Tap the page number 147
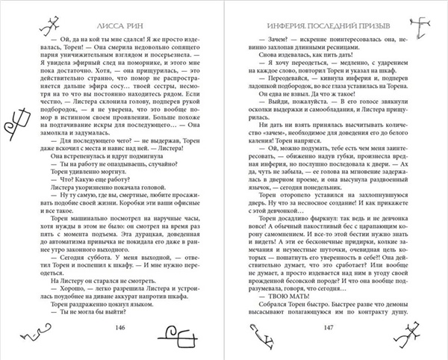tap(319, 327)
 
